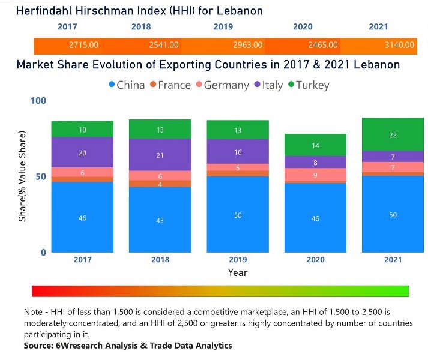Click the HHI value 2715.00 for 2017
(x=84, y=45)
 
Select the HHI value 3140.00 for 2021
(x=399, y=45)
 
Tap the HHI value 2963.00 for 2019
(x=247, y=45)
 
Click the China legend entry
(x=127, y=85)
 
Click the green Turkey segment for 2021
(x=393, y=134)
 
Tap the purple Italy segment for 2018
(x=160, y=155)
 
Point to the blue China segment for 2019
(x=238, y=214)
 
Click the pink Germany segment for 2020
(x=315, y=175)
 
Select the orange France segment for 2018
(x=160, y=184)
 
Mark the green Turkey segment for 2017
(x=82, y=129)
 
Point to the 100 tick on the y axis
(x=38, y=101)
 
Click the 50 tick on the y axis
(x=40, y=177)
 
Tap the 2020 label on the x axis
(x=315, y=260)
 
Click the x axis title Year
(x=238, y=273)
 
